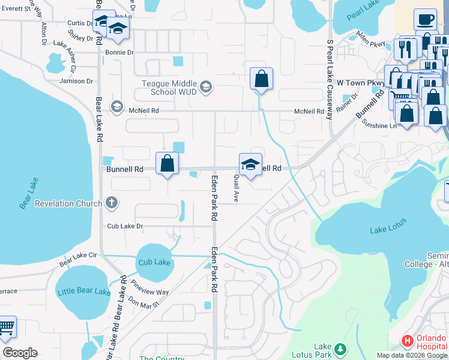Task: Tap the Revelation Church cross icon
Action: pyautogui.click(x=111, y=203)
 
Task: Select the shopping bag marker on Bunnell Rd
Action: pyautogui.click(x=167, y=163)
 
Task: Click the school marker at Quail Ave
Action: pyautogui.click(x=250, y=164)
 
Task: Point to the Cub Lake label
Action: pyautogui.click(x=154, y=262)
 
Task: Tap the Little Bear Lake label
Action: pyautogui.click(x=84, y=292)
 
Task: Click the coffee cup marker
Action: pyautogui.click(x=425, y=20)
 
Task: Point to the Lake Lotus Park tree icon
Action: pyautogui.click(x=340, y=349)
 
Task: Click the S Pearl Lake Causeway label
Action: pyautogui.click(x=330, y=80)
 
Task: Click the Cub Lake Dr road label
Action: pyautogui.click(x=125, y=226)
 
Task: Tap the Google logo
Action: pyautogui.click(x=20, y=353)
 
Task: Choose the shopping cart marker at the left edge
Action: pyautogui.click(x=6, y=329)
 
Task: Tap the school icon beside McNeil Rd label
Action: pyautogui.click(x=116, y=107)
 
